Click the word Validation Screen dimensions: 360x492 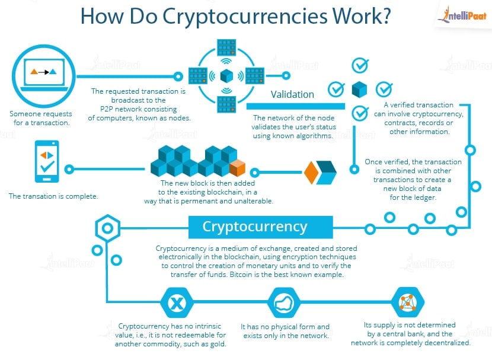(292, 94)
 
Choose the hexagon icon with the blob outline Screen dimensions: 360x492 (285, 303)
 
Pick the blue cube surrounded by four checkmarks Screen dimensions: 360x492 (359, 90)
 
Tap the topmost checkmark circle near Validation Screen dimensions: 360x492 (359, 65)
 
